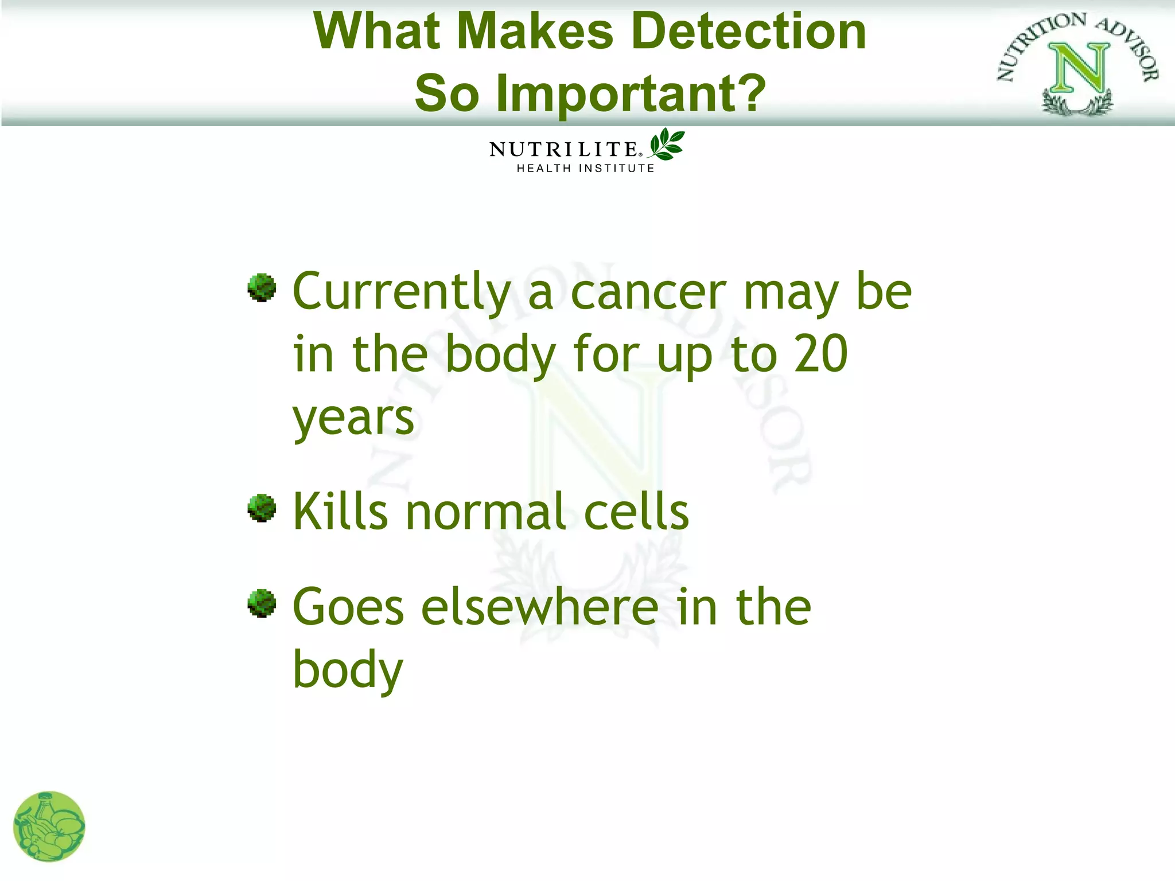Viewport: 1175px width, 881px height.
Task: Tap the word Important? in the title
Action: [631, 94]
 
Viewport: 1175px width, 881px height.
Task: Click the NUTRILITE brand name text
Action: [564, 149]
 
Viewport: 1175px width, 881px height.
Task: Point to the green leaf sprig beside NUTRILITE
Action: [667, 144]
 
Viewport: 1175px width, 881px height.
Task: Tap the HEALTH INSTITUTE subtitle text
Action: [585, 169]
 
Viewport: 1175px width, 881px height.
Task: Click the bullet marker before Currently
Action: [262, 287]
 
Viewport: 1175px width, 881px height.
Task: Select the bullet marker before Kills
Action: [262, 508]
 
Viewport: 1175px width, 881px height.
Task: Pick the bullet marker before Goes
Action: [262, 603]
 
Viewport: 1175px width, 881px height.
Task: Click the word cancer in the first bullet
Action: [648, 293]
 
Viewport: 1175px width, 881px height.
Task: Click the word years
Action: [353, 419]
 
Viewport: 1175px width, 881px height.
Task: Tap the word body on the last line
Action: [348, 670]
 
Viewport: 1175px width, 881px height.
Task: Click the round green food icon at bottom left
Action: [49, 827]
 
